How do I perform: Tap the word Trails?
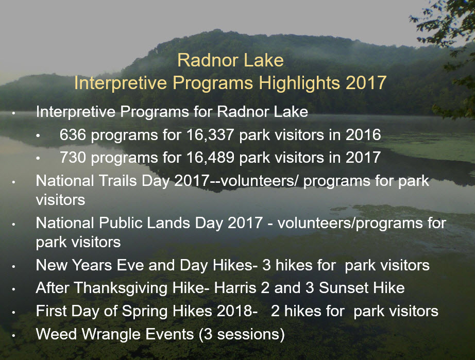coord(117,181)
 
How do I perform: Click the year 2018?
coord(237,311)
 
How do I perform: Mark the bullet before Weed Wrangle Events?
coord(13,335)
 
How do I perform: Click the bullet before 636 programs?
coord(38,135)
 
